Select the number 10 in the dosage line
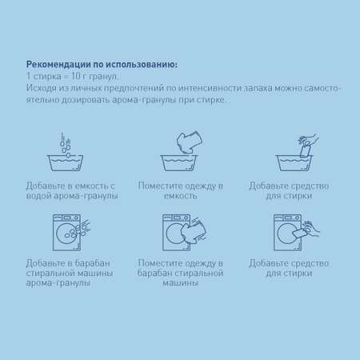[x=76, y=76]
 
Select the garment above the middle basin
[x=190, y=142]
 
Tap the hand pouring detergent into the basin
[x=308, y=145]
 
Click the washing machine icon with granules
[x=70, y=232]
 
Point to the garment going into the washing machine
[x=194, y=230]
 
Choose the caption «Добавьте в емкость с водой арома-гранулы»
[x=72, y=190]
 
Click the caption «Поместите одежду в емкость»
[x=181, y=190]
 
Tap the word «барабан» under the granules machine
[x=92, y=263]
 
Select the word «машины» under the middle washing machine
[x=181, y=282]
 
